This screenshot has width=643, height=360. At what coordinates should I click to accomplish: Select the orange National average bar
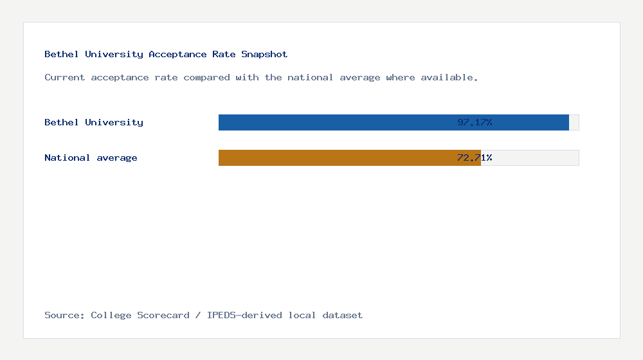coord(334,157)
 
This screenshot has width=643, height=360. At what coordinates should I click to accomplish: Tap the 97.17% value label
coord(475,122)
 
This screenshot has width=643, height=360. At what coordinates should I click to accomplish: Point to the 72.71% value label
coord(475,157)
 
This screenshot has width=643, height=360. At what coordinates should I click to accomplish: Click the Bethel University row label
coord(94,122)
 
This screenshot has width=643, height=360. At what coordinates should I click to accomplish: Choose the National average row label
coord(91,157)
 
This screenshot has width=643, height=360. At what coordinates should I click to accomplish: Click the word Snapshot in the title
coord(264,55)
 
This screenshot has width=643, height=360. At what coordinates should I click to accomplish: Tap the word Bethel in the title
coord(62,55)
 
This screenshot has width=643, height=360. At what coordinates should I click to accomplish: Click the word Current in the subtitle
coord(65,78)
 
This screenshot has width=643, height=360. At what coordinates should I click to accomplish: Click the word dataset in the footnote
coord(343,316)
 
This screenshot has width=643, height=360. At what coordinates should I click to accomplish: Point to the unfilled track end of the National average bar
coord(530,157)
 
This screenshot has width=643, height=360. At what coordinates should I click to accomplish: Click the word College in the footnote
coord(111,316)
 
